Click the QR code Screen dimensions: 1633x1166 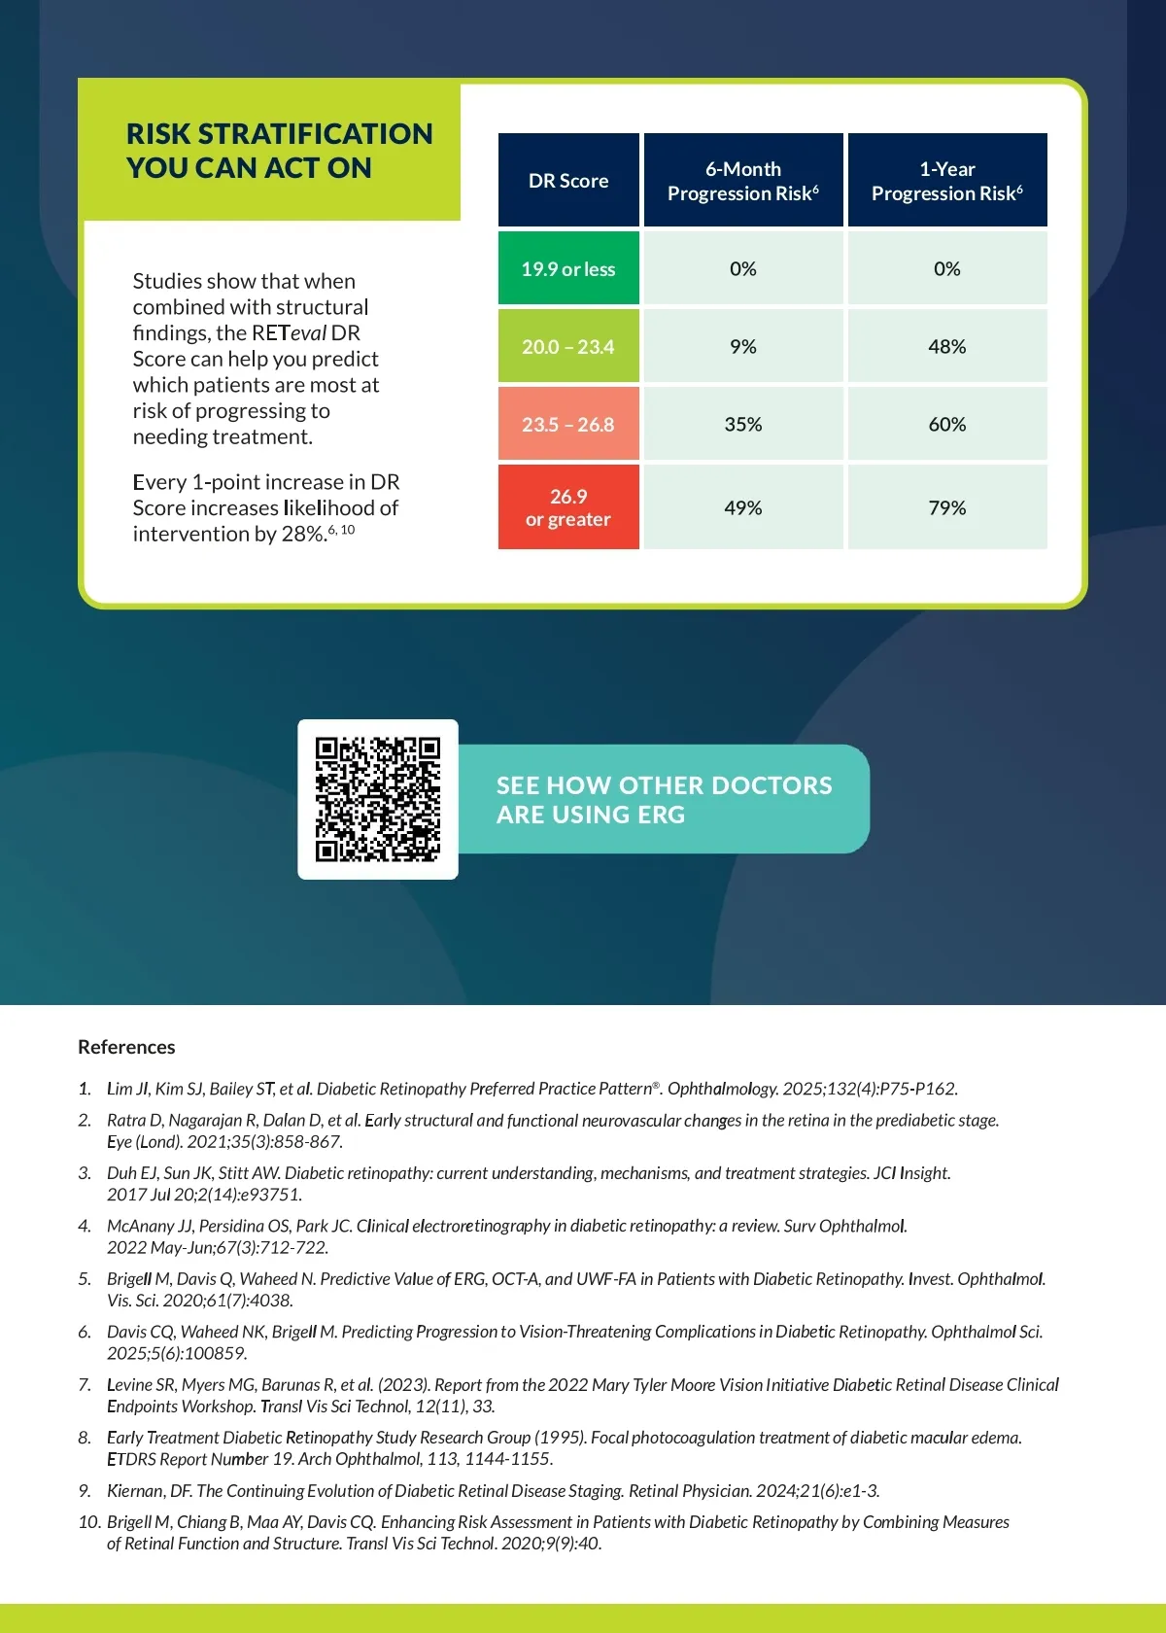377,799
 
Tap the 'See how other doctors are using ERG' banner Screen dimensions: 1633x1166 664,799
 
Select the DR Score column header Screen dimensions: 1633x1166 568,181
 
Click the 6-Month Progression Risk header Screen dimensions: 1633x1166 743,181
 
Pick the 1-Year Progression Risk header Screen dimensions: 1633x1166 947,181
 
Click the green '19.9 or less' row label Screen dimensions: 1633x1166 568,268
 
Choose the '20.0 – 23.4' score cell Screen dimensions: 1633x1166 568,346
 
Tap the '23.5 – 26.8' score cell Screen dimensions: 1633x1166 568,424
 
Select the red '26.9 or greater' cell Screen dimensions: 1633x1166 568,507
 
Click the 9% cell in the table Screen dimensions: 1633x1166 743,346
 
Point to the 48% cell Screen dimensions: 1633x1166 947,346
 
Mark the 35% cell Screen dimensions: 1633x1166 743,424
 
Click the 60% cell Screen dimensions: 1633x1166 947,424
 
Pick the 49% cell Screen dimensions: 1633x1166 743,507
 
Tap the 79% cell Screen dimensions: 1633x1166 947,507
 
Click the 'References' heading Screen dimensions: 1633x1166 126,1047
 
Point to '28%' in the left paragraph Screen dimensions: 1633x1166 302,534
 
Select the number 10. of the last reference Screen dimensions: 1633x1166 88,1521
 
